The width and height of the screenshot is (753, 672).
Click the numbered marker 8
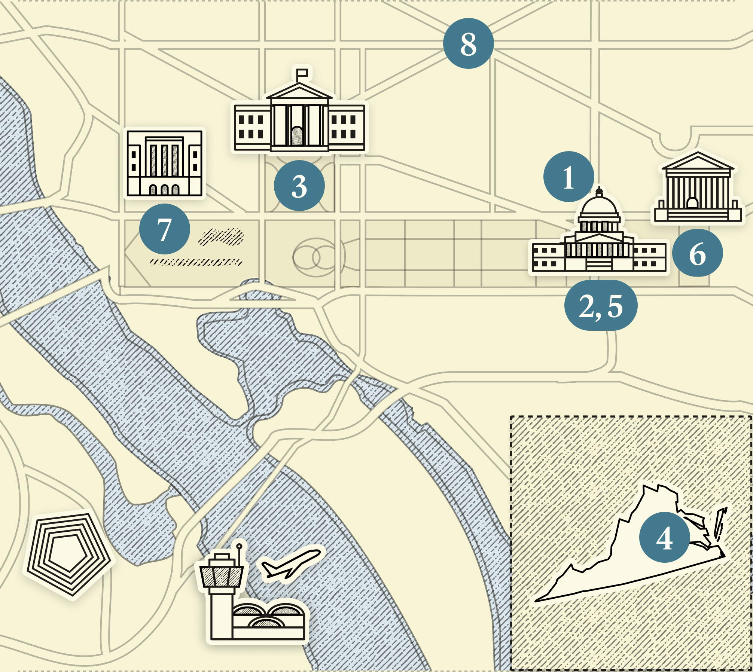[x=468, y=43]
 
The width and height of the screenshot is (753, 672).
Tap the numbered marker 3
[x=299, y=186]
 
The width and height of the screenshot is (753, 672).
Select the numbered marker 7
[x=164, y=229]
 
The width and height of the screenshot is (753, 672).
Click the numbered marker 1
[x=568, y=177]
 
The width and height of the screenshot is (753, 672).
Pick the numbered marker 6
[x=697, y=253]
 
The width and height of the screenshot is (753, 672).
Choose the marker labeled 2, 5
[x=601, y=305]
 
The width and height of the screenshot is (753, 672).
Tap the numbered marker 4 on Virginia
[x=664, y=537]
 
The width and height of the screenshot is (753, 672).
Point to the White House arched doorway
[x=297, y=135]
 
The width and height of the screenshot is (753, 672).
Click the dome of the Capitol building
[x=599, y=206]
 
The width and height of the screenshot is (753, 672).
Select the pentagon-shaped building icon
[x=68, y=554]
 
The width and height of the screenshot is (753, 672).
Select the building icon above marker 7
[x=164, y=163]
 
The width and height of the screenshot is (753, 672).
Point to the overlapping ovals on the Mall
[x=317, y=257]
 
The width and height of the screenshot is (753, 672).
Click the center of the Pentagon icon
[x=68, y=554]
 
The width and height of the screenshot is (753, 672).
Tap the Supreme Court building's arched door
[x=692, y=203]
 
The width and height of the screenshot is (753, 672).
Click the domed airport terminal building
[x=268, y=619]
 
